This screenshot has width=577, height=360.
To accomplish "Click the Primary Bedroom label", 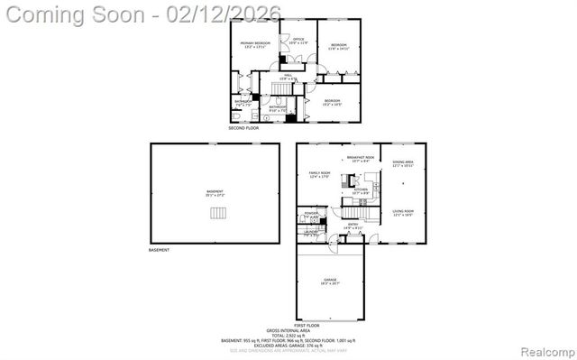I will click(x=255, y=45).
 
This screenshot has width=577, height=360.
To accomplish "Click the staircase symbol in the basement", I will click(x=216, y=213).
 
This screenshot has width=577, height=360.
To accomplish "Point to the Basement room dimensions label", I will click(x=214, y=195).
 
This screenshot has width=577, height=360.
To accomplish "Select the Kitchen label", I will click(x=360, y=190).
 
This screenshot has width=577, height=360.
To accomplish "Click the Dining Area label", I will click(x=402, y=164).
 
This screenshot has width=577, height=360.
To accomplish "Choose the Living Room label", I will click(x=402, y=212).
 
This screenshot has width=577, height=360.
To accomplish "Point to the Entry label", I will click(x=353, y=226).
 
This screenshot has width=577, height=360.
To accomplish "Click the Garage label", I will click(x=331, y=282).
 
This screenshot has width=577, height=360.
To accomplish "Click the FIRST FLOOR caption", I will click(x=307, y=325).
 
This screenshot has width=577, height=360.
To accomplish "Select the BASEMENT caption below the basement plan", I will click(x=159, y=250).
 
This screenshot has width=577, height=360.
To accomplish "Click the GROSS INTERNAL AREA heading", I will click(x=288, y=330).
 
